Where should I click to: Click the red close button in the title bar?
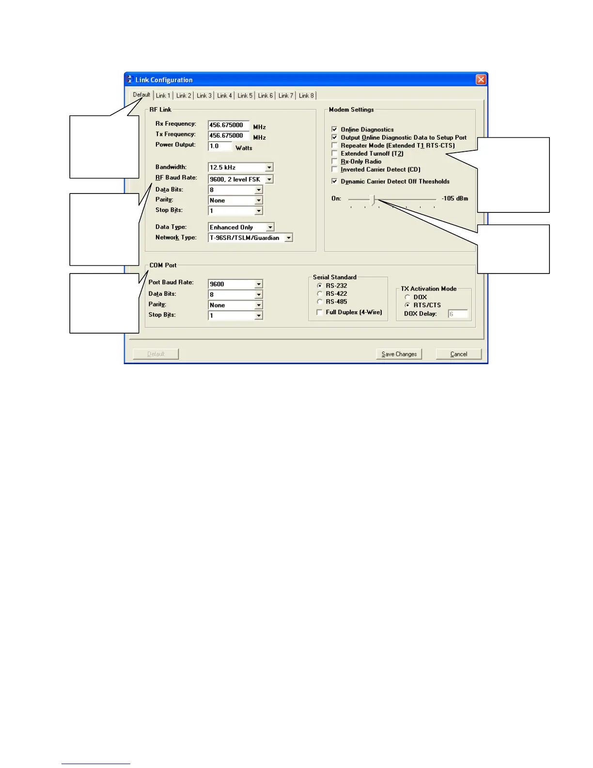481,80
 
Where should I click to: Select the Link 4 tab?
224,96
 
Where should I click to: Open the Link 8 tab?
306,96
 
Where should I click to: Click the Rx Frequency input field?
228,125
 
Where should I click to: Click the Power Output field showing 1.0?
220,146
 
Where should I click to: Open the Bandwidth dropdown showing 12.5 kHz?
240,167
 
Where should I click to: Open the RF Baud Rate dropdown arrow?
269,179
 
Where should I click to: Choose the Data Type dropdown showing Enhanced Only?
241,227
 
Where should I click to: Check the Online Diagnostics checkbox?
334,129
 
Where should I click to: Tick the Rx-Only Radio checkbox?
334,161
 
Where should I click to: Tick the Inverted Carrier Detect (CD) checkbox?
334,169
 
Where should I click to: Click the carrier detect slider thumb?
373,199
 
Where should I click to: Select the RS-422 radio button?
320,294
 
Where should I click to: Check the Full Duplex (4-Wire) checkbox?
320,312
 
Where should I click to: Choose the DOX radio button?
407,297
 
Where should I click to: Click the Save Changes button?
399,354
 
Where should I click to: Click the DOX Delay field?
457,314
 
